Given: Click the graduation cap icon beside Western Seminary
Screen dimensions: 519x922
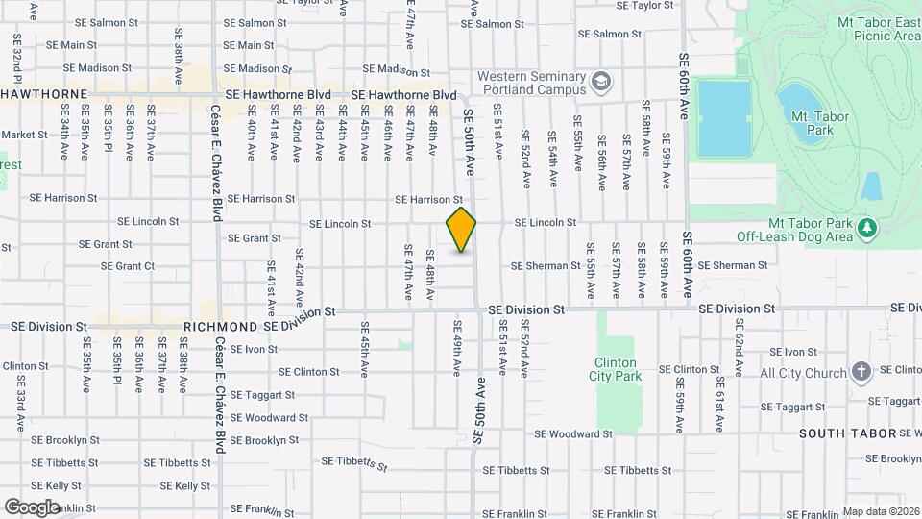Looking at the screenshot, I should pos(602,82).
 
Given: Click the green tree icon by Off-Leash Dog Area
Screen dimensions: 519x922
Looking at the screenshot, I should pos(867,228).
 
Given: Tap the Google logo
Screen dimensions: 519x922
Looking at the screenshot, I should pos(32,507).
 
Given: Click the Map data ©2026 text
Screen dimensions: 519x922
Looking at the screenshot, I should pos(881,511).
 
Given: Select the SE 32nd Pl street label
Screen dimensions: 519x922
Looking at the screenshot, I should pos(16,59).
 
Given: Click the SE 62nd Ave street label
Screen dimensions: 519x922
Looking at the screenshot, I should pos(739,355).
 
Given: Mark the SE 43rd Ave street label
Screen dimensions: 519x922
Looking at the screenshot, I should pos(319,139).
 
